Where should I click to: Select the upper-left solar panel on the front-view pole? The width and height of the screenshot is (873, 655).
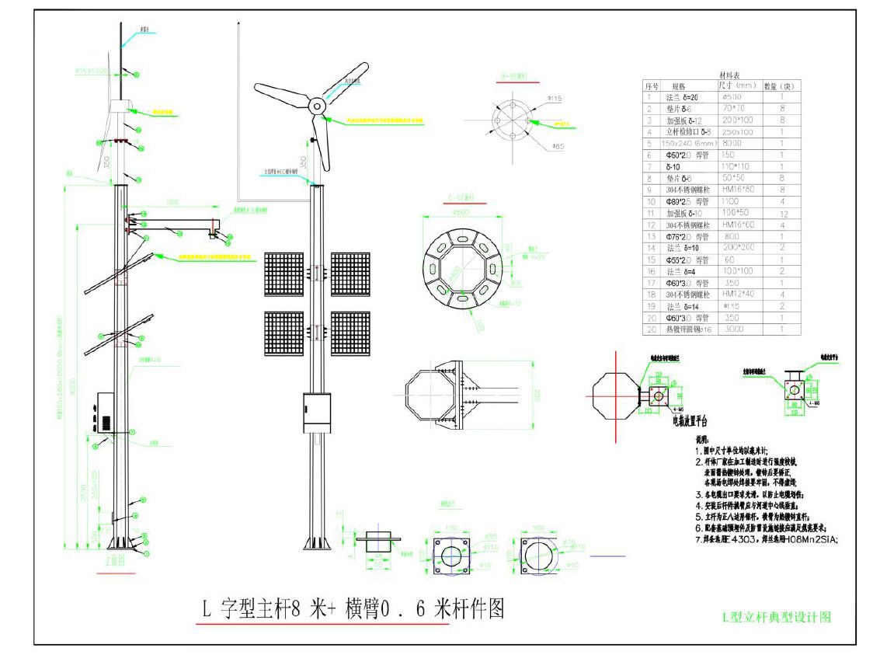283,273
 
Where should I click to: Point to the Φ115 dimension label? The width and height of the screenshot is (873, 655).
554,98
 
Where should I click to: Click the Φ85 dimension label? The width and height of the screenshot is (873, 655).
557,146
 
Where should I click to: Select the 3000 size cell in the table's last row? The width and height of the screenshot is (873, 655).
733,329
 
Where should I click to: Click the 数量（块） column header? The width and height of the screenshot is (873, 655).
779,85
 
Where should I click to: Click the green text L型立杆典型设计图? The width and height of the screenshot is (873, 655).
777,617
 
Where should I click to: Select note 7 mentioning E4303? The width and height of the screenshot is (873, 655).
766,538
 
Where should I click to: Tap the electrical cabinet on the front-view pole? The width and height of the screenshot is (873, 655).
318,413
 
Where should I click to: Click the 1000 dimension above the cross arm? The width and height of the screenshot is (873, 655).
171,203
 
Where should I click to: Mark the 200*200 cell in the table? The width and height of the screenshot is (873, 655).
736,247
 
